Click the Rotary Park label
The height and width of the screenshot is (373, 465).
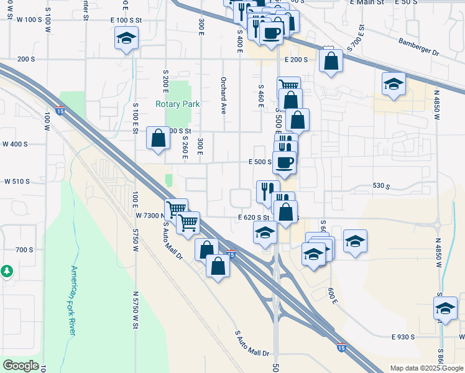click(x=178, y=104)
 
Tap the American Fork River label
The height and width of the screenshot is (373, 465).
click(x=73, y=301)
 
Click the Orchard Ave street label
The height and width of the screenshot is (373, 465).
click(x=223, y=96)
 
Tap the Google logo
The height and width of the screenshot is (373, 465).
click(x=21, y=366)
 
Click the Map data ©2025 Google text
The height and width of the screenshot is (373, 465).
click(x=426, y=368)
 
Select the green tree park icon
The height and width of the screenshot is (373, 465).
click(x=6, y=271)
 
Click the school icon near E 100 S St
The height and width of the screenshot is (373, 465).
click(x=126, y=39)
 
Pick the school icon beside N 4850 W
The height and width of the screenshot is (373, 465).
click(x=394, y=83)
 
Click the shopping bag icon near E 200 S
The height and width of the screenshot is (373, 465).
click(x=331, y=61)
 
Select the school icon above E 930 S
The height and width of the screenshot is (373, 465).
click(x=445, y=308)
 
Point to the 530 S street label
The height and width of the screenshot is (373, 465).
click(x=380, y=186)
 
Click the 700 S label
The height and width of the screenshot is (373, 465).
click(x=24, y=249)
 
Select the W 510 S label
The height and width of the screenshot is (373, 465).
click(x=17, y=182)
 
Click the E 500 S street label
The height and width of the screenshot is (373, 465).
click(x=260, y=162)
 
